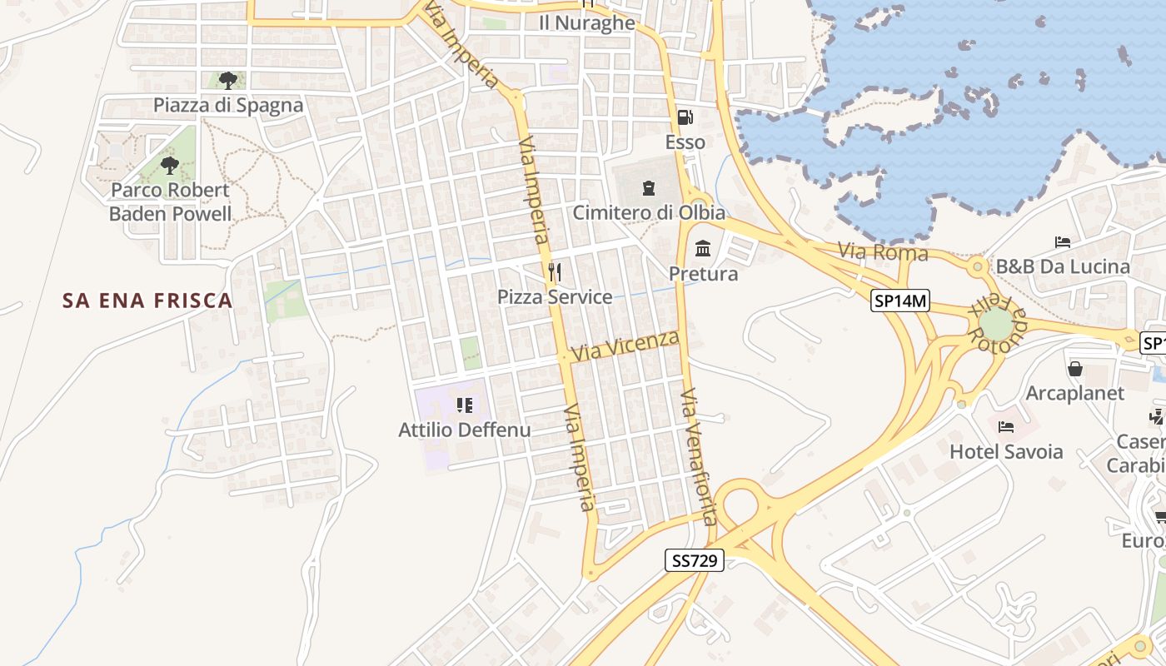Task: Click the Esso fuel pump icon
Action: click(685, 117)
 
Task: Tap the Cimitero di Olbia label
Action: click(649, 212)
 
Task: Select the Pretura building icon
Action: click(703, 249)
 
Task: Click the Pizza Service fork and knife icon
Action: click(555, 271)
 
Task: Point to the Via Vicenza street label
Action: click(625, 345)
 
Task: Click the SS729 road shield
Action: click(695, 560)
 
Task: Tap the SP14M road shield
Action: click(900, 301)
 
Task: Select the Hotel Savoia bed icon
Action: click(1006, 427)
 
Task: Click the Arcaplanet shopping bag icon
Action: click(1075, 368)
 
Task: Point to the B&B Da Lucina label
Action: click(1063, 266)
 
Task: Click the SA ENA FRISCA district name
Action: click(147, 301)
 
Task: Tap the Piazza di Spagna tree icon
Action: click(227, 81)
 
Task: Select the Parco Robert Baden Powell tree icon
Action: click(170, 165)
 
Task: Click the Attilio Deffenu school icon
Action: click(464, 405)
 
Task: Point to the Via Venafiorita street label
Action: click(698, 456)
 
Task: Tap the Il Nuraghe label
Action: click(587, 22)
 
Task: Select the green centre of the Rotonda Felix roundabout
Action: click(995, 323)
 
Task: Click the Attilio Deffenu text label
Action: click(464, 430)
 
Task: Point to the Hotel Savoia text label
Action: click(1006, 451)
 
